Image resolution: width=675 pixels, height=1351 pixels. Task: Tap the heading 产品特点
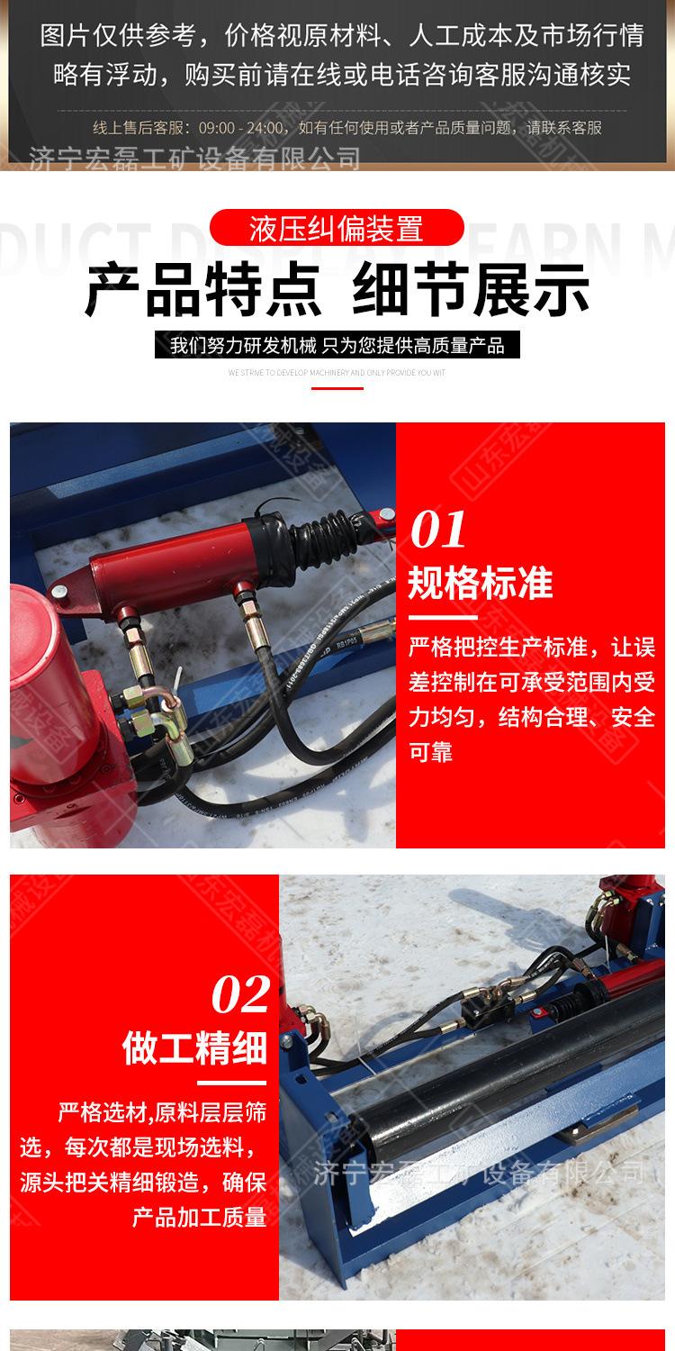point(202,288)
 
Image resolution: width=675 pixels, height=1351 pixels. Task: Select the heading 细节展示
point(471,288)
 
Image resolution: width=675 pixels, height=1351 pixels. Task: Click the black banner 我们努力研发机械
point(337,345)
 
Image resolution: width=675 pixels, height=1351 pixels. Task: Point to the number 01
point(438,529)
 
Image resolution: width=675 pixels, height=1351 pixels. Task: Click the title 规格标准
point(481,583)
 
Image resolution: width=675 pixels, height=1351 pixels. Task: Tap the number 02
point(240,994)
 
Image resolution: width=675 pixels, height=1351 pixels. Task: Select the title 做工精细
point(194,1048)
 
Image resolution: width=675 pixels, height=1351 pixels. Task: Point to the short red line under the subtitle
point(337,388)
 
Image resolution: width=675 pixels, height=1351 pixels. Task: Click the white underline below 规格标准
point(443,618)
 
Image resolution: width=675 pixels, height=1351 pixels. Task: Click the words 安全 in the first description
point(633,718)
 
